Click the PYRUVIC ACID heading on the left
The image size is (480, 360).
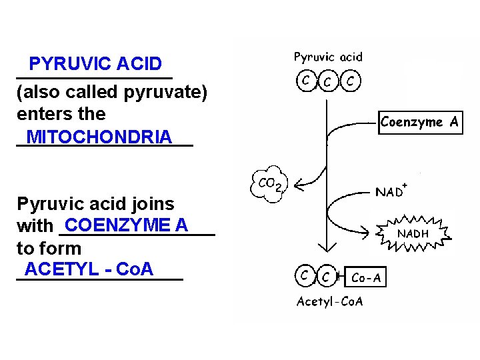click(x=95, y=64)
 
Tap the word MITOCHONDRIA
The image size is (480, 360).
click(x=99, y=137)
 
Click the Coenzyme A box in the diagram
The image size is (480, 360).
click(x=420, y=122)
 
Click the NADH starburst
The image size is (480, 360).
click(x=413, y=234)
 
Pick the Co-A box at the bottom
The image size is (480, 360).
click(x=366, y=277)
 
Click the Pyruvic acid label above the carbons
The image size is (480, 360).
click(x=328, y=57)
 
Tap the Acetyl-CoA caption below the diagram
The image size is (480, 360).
click(x=329, y=301)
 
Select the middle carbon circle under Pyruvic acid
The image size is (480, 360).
click(x=328, y=82)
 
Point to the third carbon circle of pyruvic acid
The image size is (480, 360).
click(x=351, y=81)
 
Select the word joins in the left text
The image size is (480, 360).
click(x=153, y=204)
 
